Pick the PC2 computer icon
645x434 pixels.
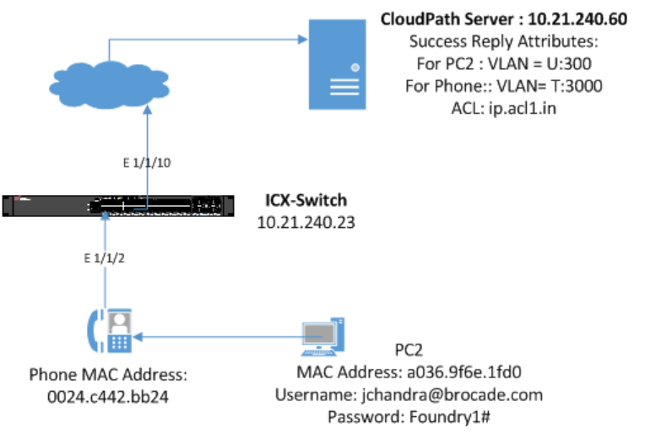pos(322,336)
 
